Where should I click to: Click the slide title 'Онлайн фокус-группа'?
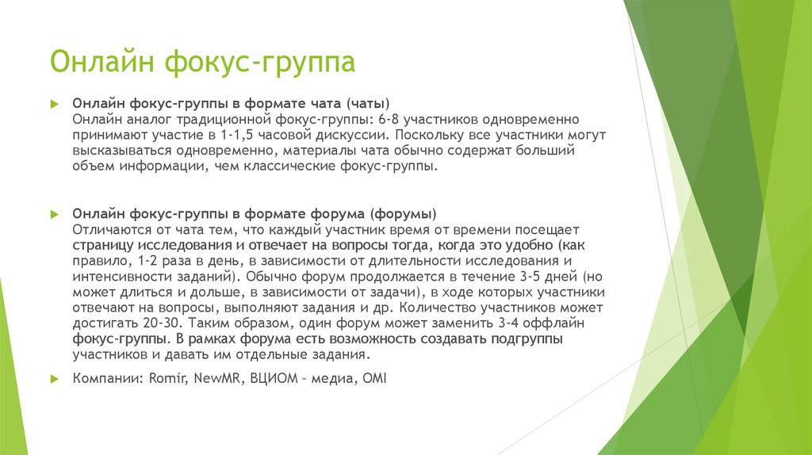(x=202, y=63)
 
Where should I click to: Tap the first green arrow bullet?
(x=54, y=104)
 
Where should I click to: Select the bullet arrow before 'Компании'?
(x=54, y=379)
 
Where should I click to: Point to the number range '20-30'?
(x=141, y=324)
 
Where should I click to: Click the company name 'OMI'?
(x=373, y=379)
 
